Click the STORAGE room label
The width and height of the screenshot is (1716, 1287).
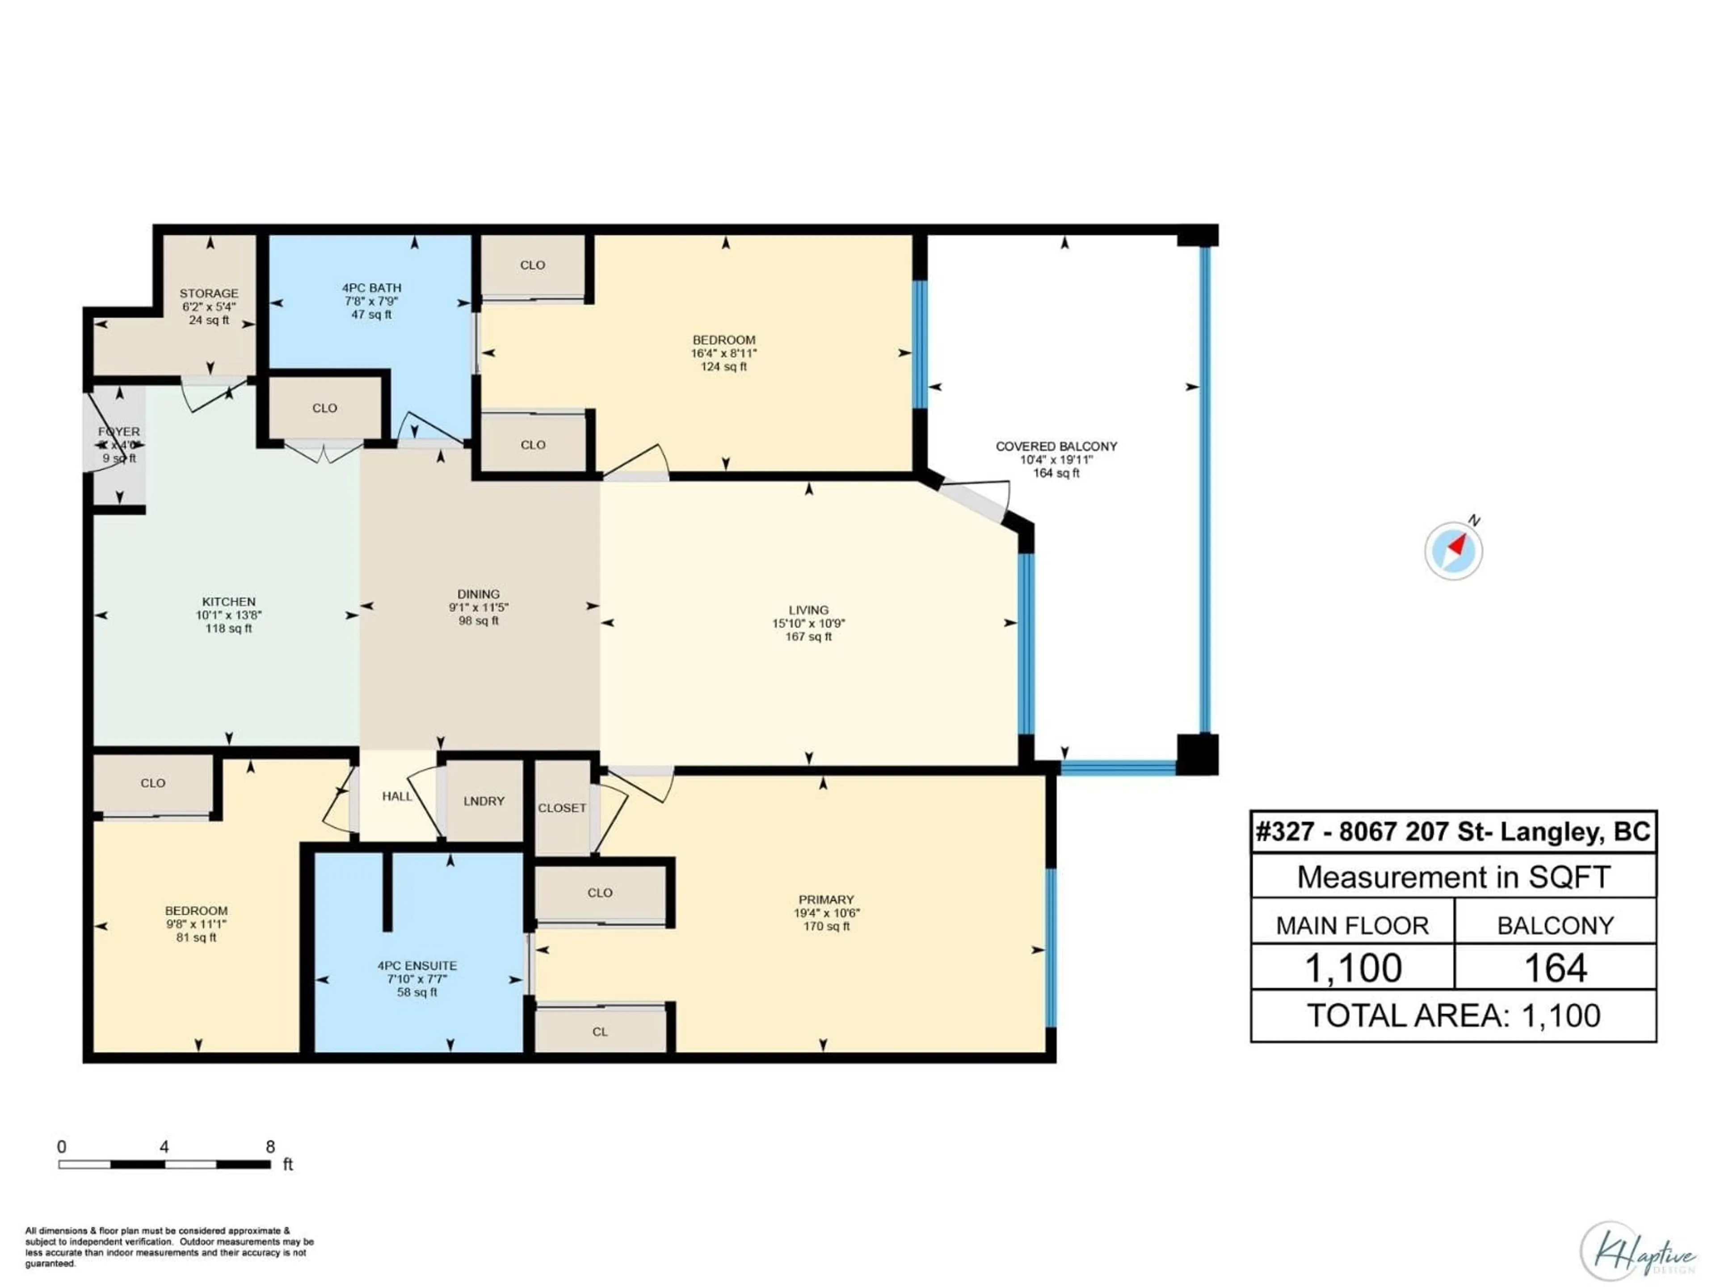pyautogui.click(x=209, y=293)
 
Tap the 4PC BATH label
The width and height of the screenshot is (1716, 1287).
pyautogui.click(x=372, y=288)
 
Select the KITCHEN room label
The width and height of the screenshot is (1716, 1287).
pyautogui.click(x=229, y=601)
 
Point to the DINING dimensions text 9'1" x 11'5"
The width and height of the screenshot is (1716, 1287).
pyautogui.click(x=479, y=607)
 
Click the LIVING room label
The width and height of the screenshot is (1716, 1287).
pyautogui.click(x=808, y=610)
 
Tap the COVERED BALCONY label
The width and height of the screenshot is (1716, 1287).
pyautogui.click(x=1056, y=446)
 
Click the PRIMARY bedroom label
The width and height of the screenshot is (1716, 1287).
pyautogui.click(x=826, y=900)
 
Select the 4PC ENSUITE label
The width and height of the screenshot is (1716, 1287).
pyautogui.click(x=417, y=965)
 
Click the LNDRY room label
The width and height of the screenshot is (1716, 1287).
pyautogui.click(x=484, y=801)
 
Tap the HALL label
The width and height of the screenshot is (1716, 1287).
pyautogui.click(x=396, y=796)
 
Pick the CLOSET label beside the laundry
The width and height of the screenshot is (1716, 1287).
pyautogui.click(x=562, y=808)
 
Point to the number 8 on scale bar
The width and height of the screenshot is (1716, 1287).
pyautogui.click(x=270, y=1147)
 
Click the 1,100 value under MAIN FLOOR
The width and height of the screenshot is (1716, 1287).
pyautogui.click(x=1353, y=968)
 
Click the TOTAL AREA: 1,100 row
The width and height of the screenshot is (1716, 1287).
pyautogui.click(x=1453, y=1015)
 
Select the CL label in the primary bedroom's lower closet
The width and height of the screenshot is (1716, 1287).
pyautogui.click(x=600, y=1032)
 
